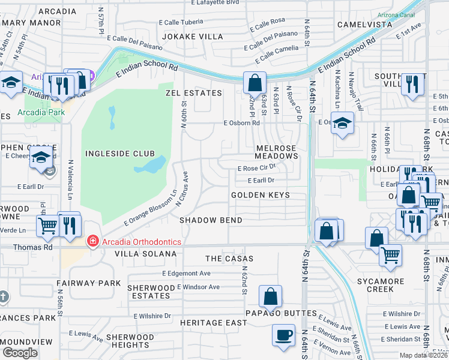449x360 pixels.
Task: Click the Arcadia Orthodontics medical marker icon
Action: coord(92,242)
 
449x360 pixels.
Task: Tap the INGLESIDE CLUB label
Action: coord(120,154)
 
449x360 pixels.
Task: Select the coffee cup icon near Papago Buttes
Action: coord(283,335)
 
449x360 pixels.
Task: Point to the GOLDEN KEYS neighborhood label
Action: coord(261,195)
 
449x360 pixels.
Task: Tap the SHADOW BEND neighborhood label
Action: coord(211,220)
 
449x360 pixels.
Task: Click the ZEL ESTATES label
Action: coord(194,93)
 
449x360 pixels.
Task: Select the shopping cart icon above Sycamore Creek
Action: coord(390,255)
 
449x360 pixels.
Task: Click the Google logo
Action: coord(20,352)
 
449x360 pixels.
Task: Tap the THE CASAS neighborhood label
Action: coord(229,259)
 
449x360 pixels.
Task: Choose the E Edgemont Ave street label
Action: coord(186,273)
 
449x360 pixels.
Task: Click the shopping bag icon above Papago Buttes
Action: coord(271,295)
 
